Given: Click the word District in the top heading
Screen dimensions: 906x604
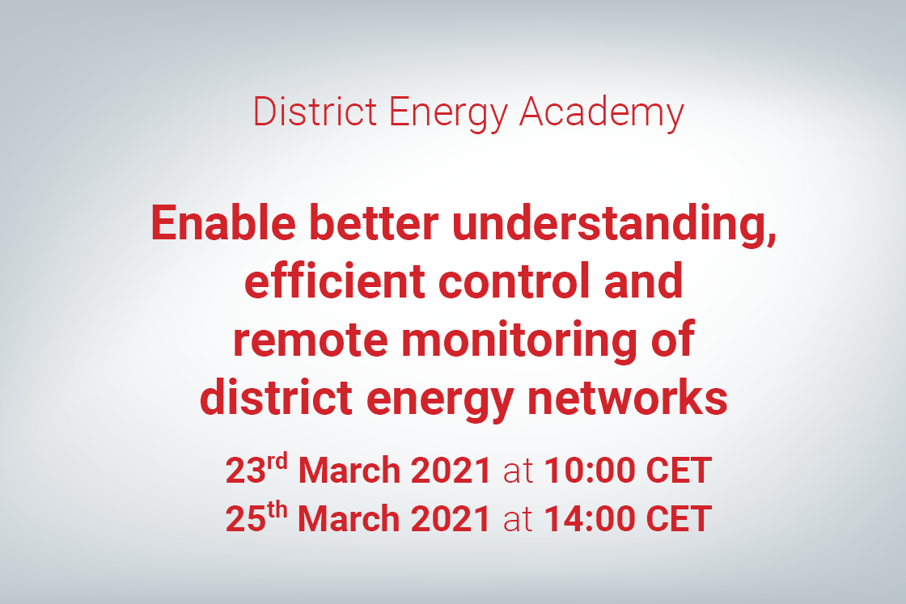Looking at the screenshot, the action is (315, 112).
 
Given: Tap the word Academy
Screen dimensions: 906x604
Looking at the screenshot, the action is (602, 114).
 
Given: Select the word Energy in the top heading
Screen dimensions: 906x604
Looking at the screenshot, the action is (447, 114).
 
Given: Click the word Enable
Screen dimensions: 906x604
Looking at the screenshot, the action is (223, 223).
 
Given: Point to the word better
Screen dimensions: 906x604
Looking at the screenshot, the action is (374, 223).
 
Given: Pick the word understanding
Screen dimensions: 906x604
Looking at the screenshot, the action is (614, 226).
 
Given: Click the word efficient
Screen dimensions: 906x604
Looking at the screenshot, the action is (335, 281).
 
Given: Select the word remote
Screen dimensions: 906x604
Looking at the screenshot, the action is (310, 340).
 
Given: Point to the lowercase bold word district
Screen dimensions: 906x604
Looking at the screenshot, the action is (276, 398).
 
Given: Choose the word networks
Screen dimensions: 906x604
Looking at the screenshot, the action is (628, 398).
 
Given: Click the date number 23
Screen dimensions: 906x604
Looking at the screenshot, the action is (246, 471).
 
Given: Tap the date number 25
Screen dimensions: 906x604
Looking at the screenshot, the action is (246, 518).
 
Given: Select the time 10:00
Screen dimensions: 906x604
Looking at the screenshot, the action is (590, 471).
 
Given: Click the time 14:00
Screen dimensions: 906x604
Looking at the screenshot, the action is (590, 518).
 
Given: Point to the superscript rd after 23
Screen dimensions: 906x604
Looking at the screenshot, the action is (277, 462).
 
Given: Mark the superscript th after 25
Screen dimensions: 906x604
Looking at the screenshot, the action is (277, 509).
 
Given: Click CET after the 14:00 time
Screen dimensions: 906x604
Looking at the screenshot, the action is (679, 518).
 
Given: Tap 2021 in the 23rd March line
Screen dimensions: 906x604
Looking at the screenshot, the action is (451, 471).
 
